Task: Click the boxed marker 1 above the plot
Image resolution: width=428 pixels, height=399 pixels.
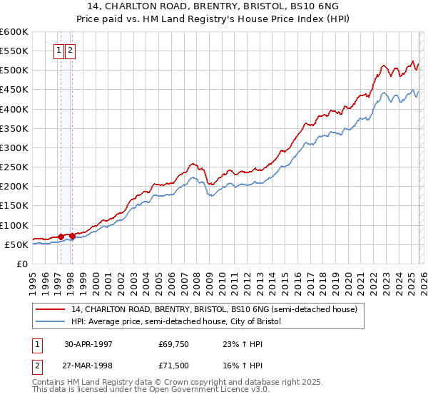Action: point(58,51)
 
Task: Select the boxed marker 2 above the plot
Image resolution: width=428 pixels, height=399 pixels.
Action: point(71,51)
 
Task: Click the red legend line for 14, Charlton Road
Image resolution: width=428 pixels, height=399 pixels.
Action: point(51,309)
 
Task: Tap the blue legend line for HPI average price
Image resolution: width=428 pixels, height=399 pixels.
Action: point(51,322)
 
